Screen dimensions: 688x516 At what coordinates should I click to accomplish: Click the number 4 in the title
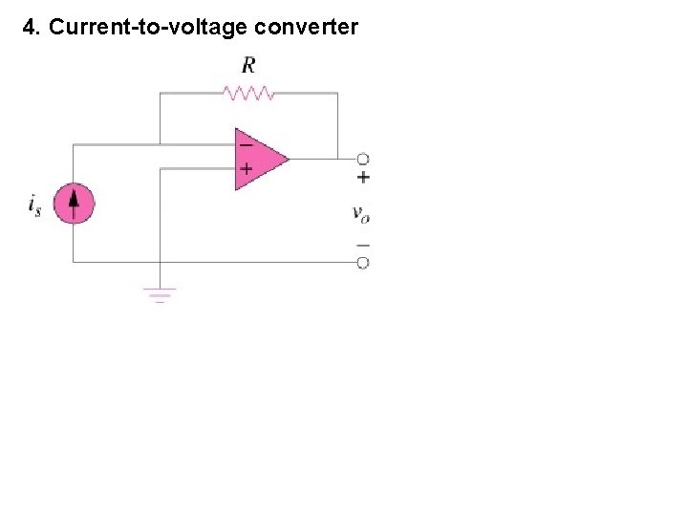(x=29, y=27)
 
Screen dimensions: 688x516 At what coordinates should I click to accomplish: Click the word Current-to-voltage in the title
(x=148, y=27)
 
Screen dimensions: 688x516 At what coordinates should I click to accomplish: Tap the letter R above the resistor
(x=248, y=65)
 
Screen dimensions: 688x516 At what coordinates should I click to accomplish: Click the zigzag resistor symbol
(x=248, y=93)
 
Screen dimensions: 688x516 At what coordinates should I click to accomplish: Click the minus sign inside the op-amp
(x=246, y=145)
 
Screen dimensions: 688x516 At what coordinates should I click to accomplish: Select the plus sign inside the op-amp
(x=246, y=169)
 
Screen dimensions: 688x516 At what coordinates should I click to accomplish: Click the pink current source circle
(x=74, y=204)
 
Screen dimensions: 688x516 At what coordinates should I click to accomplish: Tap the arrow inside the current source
(x=74, y=203)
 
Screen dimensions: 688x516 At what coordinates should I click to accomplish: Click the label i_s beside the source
(x=35, y=205)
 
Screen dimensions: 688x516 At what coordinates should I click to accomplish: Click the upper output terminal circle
(x=363, y=159)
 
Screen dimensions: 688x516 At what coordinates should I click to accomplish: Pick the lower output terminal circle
(x=363, y=262)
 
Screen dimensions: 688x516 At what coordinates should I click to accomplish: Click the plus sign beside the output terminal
(x=363, y=178)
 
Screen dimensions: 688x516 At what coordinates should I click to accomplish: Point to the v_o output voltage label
(x=361, y=213)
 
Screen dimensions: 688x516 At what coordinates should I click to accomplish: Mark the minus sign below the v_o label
(x=363, y=245)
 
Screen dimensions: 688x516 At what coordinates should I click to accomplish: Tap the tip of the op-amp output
(x=288, y=158)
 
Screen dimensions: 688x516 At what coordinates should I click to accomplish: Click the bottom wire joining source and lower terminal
(x=239, y=261)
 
